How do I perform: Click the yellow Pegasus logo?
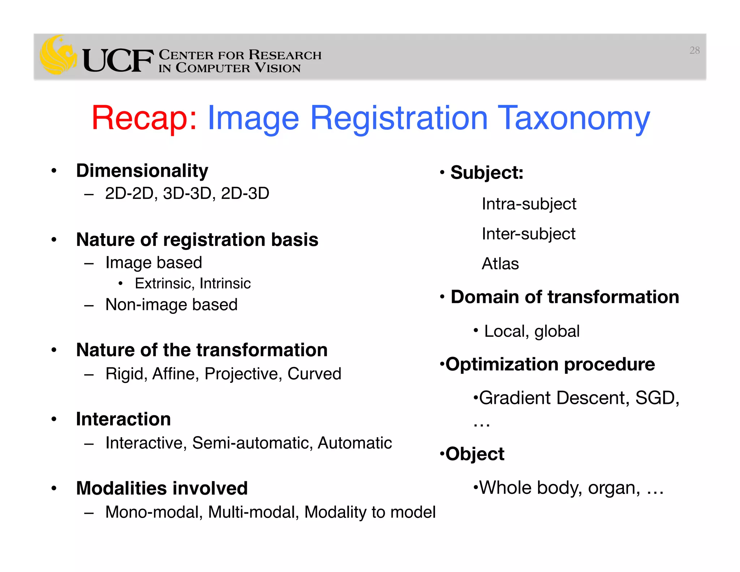(58, 55)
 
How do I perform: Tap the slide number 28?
(694, 50)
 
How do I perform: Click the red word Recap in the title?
(144, 118)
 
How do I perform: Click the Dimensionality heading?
(142, 171)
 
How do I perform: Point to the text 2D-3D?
(245, 193)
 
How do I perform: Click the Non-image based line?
(171, 305)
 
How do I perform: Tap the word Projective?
(243, 374)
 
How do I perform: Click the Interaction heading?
(123, 419)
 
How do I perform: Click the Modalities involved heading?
(162, 488)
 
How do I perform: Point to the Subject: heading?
(487, 172)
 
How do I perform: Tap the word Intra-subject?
(529, 204)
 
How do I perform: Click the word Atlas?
(500, 264)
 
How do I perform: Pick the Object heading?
(474, 454)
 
